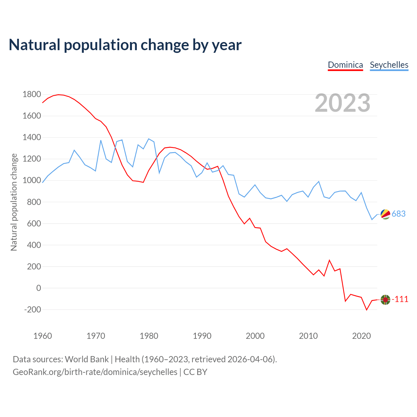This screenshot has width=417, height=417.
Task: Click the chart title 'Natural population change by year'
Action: [x=125, y=45]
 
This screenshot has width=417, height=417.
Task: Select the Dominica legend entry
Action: [x=345, y=65]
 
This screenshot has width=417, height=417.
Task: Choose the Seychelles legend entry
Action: [x=389, y=65]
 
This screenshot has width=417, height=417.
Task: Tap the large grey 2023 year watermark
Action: [x=342, y=103]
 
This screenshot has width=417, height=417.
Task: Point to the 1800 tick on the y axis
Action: [x=32, y=94]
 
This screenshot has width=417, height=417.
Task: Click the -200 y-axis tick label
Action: [x=33, y=309]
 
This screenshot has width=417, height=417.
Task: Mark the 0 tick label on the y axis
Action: [x=39, y=288]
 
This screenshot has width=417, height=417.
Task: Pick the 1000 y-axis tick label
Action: [x=32, y=180]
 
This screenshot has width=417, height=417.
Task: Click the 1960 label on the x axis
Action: [x=43, y=336]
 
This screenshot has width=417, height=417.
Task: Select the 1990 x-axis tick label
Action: [x=202, y=336]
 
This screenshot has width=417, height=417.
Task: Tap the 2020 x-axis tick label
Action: [x=361, y=336]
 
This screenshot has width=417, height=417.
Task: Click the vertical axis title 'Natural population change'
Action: [x=14, y=202]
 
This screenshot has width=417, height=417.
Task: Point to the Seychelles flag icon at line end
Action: [x=385, y=214]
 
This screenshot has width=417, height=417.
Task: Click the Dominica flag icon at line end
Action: [x=385, y=300]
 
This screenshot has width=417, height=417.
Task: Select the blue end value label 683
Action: [x=398, y=214]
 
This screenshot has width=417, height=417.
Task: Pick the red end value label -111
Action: [x=400, y=299]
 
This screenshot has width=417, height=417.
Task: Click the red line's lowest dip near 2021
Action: [x=367, y=310]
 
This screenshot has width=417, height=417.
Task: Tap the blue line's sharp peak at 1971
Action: [x=101, y=140]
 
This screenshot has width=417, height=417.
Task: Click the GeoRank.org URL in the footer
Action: [x=95, y=372]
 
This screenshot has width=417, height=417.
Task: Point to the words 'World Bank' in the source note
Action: [x=87, y=359]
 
